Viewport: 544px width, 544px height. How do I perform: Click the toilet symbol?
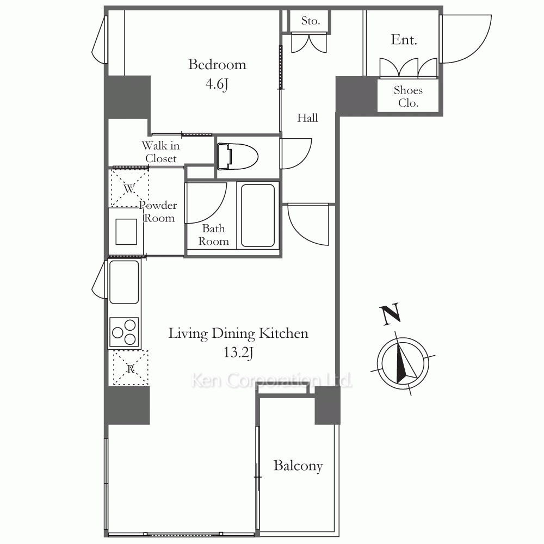click(238, 157)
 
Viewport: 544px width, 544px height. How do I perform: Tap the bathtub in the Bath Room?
click(258, 215)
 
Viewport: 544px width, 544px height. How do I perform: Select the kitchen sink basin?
click(124, 282)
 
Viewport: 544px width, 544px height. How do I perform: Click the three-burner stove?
click(124, 332)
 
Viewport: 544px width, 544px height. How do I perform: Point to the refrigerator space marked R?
click(131, 368)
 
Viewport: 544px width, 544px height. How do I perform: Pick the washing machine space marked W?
click(130, 188)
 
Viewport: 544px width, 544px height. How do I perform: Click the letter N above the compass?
click(391, 314)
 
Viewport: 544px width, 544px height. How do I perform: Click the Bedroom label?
click(217, 65)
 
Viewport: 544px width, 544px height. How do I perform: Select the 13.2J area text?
click(238, 353)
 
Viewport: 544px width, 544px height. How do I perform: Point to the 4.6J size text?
click(217, 84)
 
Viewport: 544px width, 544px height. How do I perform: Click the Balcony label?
click(298, 466)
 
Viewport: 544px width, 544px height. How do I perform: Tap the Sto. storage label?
click(311, 21)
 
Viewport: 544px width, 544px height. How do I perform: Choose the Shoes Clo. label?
click(408, 96)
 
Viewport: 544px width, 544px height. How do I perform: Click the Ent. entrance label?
click(404, 40)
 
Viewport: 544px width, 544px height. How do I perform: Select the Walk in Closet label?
click(161, 152)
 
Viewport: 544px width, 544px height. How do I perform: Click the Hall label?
click(307, 118)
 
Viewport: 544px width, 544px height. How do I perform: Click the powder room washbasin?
click(126, 231)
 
